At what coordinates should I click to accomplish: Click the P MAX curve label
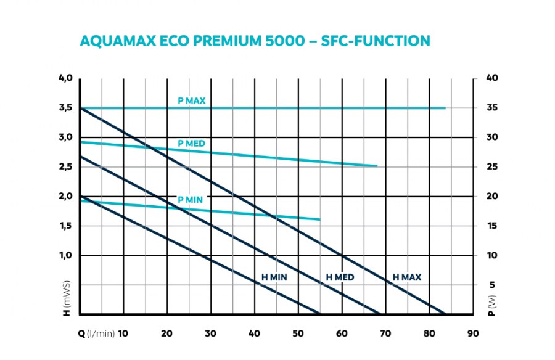(x=191, y=100)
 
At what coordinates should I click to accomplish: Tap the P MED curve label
(x=191, y=144)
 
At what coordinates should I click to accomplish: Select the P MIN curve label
(x=190, y=200)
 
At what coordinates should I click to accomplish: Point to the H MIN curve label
(x=274, y=277)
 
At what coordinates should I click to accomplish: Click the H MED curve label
(x=340, y=277)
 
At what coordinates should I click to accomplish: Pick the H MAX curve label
(x=407, y=277)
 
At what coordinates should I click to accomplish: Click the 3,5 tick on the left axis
(x=65, y=108)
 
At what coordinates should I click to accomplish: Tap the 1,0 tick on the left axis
(x=65, y=255)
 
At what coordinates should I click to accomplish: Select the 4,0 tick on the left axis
(x=65, y=78)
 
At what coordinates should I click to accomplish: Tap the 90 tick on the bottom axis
(x=473, y=333)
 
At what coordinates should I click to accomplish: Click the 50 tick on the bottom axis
(x=298, y=333)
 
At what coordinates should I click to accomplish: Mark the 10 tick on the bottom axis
(x=123, y=333)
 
